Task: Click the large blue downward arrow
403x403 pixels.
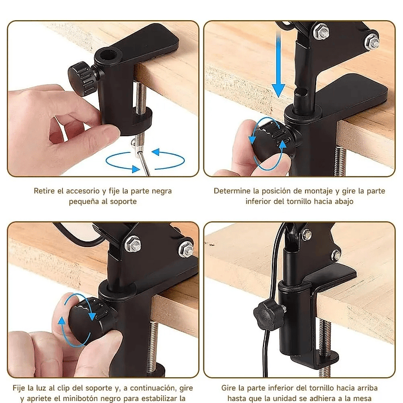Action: coord(279,66)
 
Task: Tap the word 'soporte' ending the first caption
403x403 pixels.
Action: coord(124,201)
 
